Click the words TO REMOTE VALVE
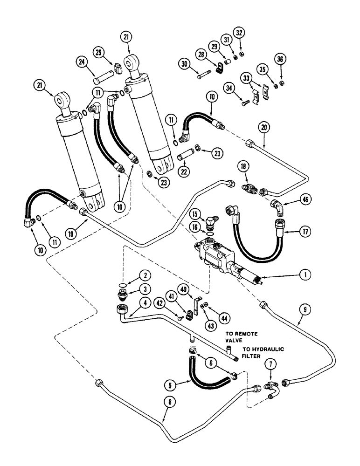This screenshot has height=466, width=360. click(241, 337)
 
